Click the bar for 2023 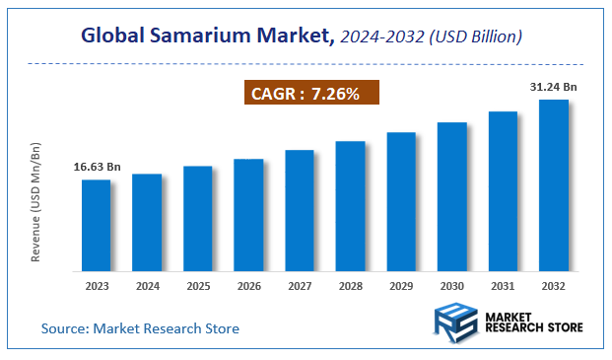96,225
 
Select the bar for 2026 248,214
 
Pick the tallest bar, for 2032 554,184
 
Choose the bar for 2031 503,190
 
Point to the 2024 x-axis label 147,286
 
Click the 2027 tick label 300,286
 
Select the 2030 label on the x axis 452,286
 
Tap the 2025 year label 198,286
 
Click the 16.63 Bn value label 97,167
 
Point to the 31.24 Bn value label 554,87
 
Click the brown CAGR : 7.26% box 310,94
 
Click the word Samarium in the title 199,36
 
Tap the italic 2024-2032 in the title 383,36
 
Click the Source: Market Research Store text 140,327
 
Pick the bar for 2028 350,206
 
